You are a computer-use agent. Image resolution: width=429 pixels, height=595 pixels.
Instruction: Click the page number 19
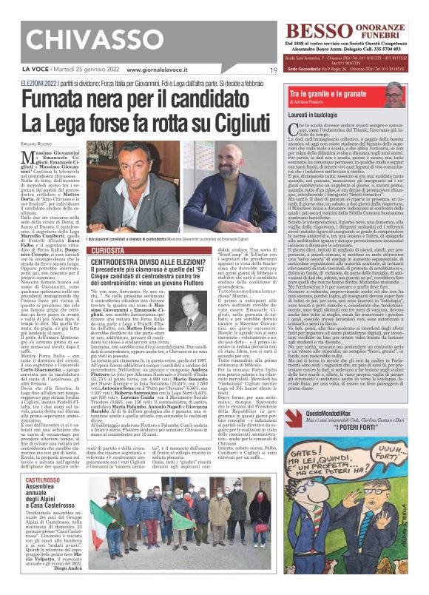pyautogui.click(x=274, y=70)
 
